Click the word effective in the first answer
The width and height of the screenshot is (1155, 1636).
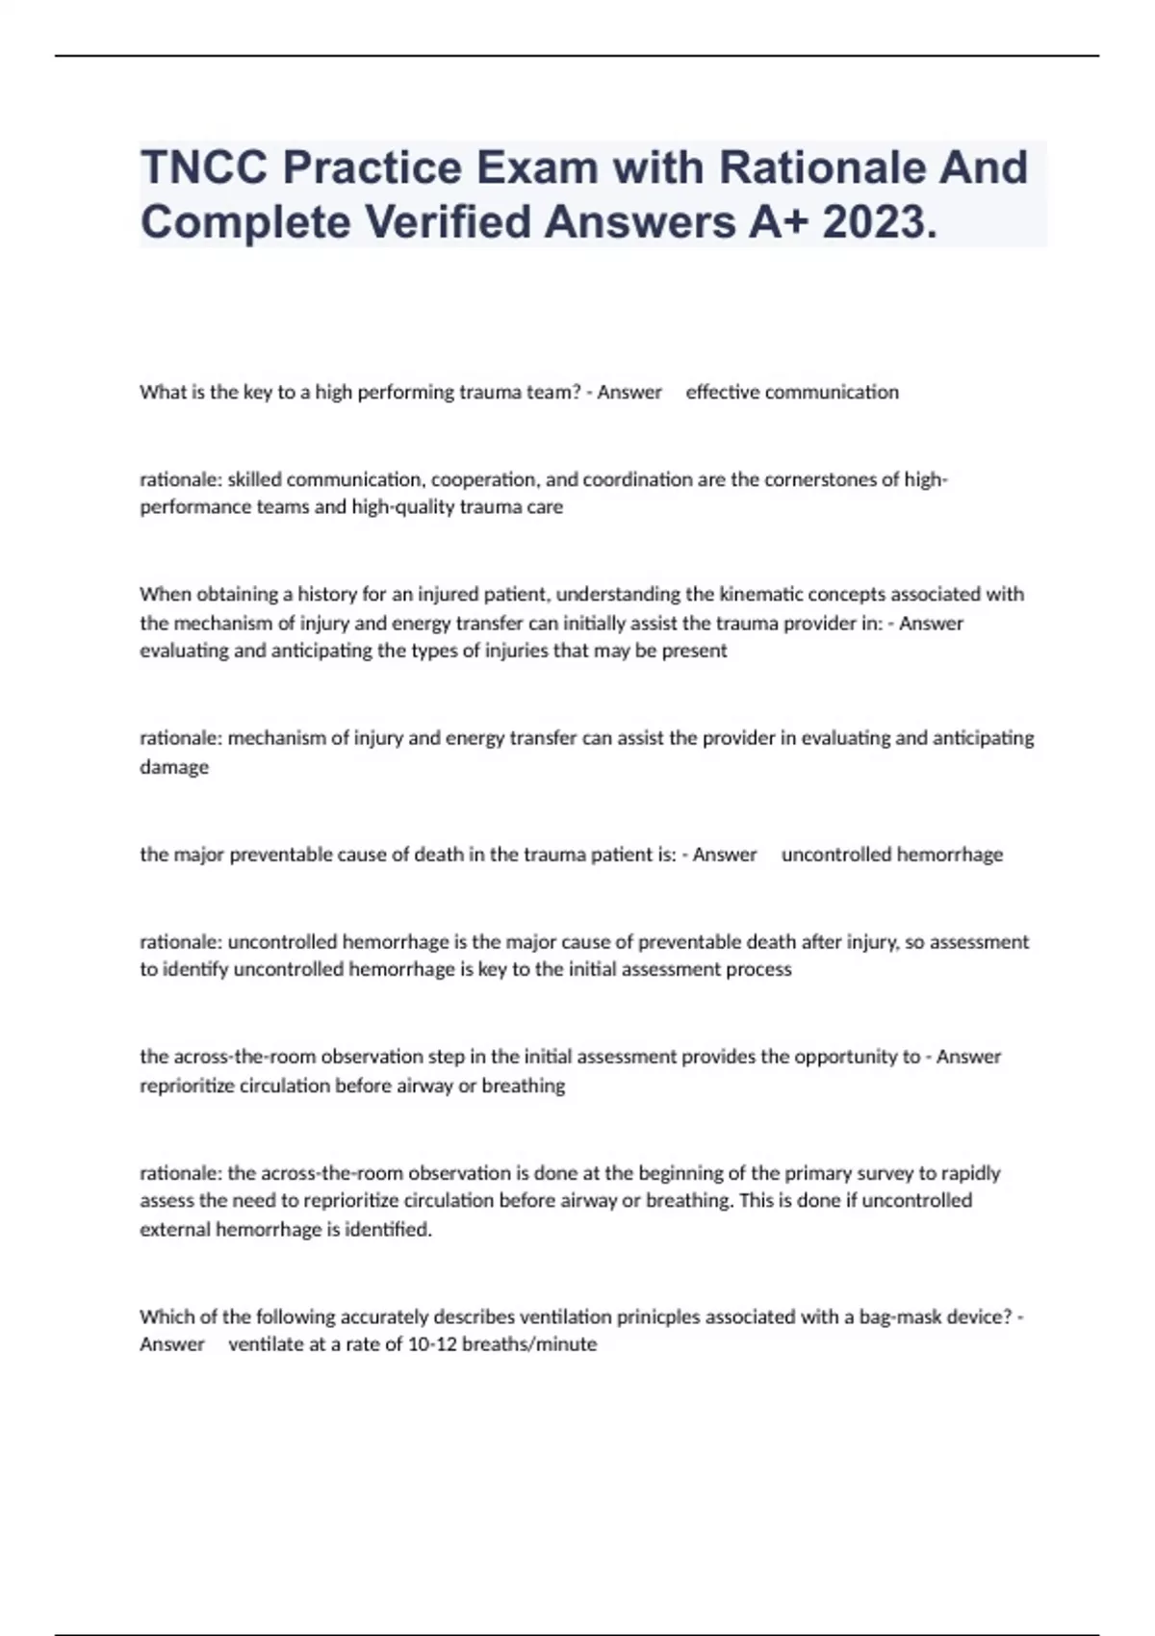[722, 392]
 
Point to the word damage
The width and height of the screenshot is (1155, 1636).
[174, 767]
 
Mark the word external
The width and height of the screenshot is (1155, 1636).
[174, 1229]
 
